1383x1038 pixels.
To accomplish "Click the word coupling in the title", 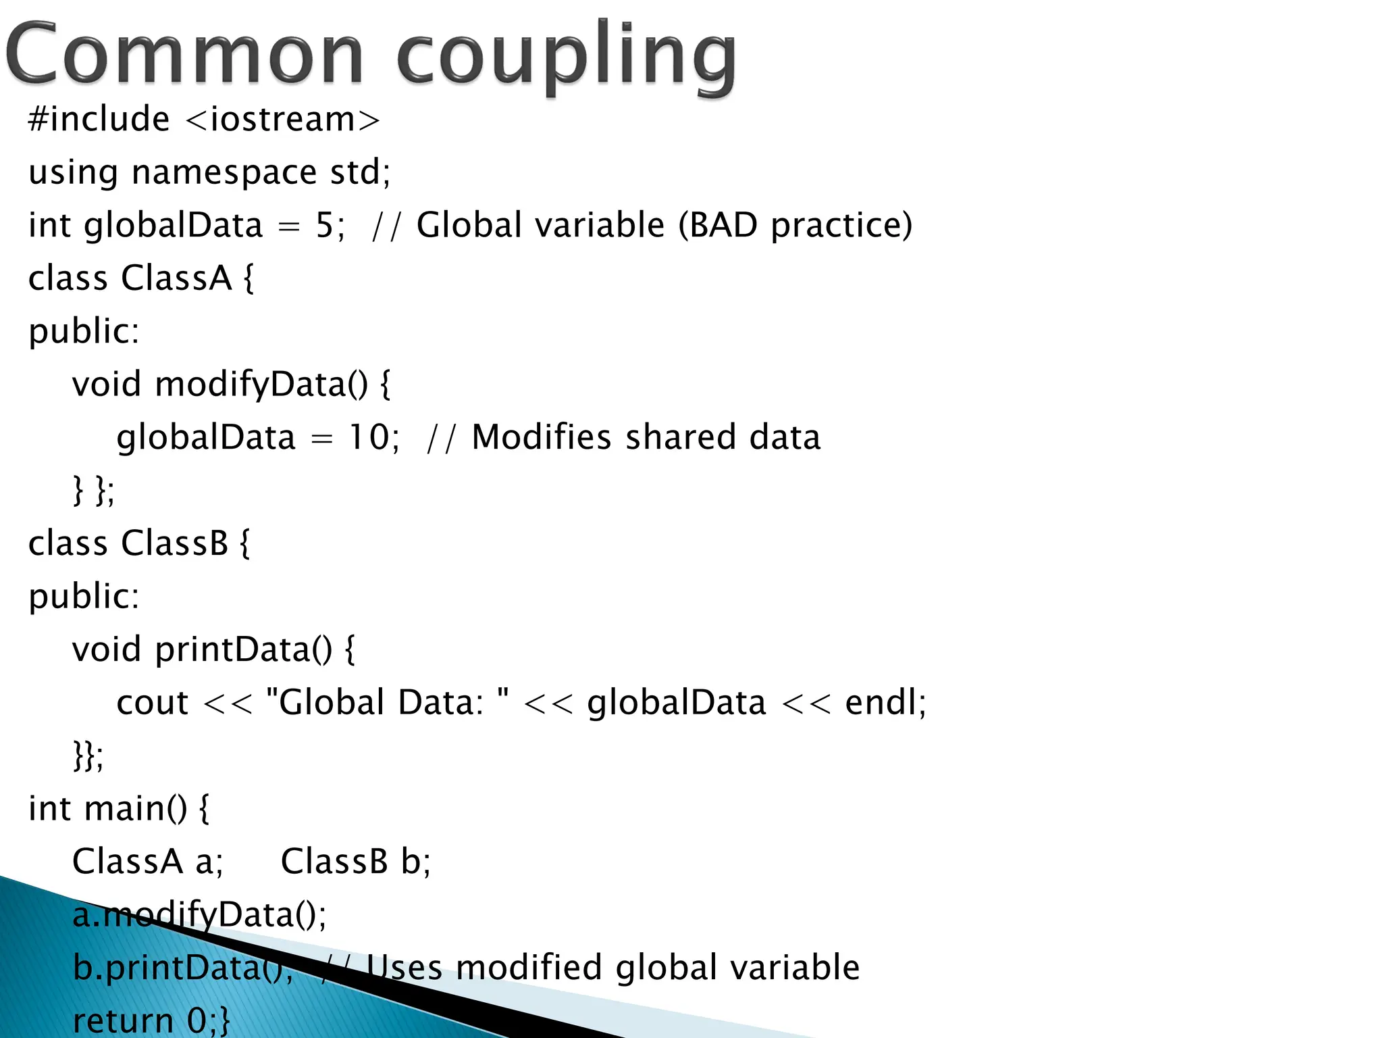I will (566, 57).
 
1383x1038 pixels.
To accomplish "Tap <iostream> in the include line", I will (282, 120).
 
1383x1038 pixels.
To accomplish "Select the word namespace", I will (224, 173).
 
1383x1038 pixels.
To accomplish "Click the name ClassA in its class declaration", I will (177, 278).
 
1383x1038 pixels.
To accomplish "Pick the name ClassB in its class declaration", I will (175, 544).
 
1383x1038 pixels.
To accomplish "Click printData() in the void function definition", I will (244, 650).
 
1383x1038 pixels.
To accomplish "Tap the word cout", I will (152, 703).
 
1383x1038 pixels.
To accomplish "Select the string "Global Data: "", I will (387, 703).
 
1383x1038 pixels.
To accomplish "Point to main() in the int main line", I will (136, 809).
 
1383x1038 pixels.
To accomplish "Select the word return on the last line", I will (123, 1020).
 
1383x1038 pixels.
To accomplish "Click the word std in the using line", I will (355, 173).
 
